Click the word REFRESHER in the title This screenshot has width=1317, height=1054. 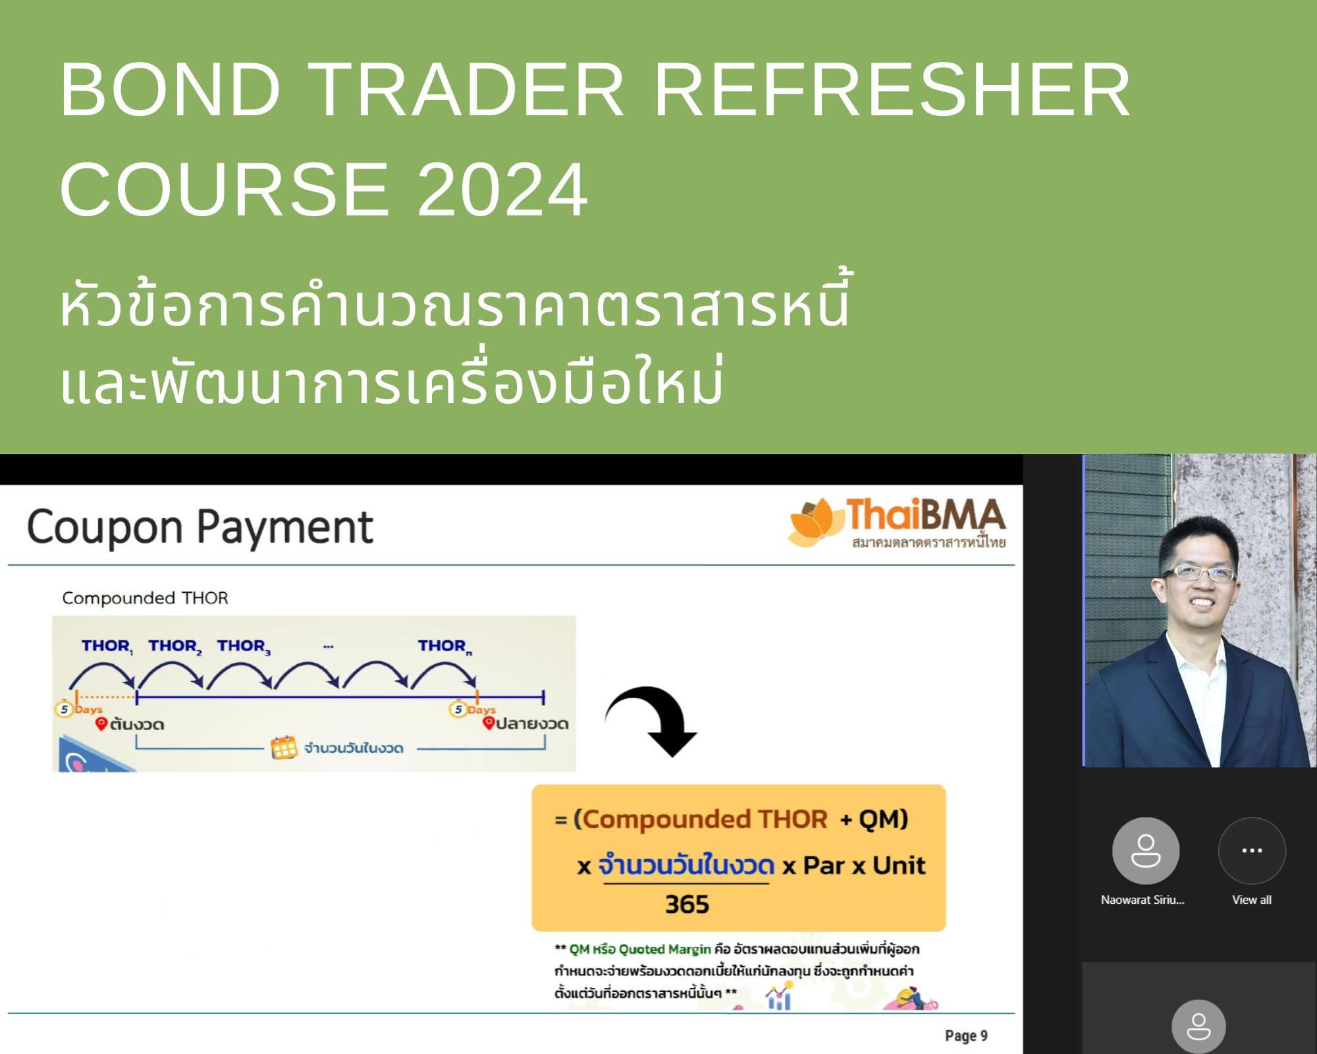pos(892,90)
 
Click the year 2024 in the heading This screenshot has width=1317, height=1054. pos(502,190)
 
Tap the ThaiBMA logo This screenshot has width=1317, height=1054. pos(897,524)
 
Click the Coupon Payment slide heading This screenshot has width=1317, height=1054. pos(200,528)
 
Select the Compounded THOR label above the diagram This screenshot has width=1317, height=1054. pos(145,598)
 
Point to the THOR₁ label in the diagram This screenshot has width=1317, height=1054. pos(107,646)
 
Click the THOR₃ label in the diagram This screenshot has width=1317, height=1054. pos(244,646)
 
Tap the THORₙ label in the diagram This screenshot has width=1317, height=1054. pos(444,646)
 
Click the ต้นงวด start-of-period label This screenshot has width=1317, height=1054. pos(137,724)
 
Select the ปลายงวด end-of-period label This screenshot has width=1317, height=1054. pos(532,723)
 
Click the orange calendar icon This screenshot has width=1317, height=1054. pos(284,748)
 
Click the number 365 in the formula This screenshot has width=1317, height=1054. pos(687,904)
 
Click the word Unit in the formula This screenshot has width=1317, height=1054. pos(899,865)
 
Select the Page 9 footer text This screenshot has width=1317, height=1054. pos(966,1036)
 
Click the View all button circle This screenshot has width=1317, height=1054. pos(1252,850)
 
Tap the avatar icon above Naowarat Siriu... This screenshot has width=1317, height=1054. pos(1146,850)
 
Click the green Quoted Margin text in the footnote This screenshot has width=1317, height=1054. pos(664,949)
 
